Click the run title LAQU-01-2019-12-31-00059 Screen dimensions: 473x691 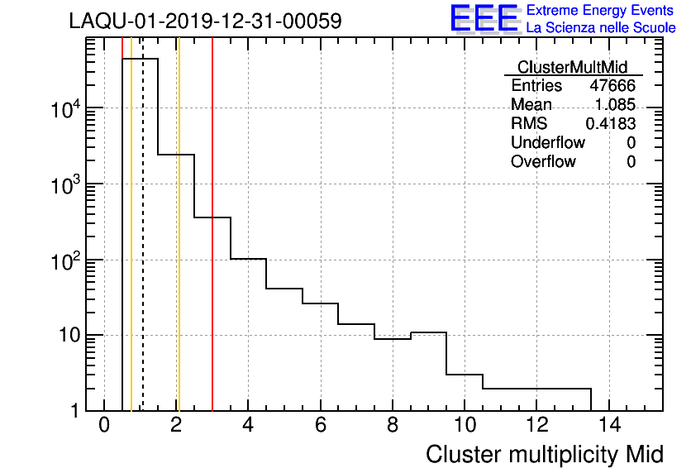pyautogui.click(x=205, y=21)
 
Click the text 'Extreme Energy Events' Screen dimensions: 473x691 pyautogui.click(x=600, y=11)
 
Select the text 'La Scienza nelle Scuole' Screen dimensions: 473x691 pyautogui.click(x=601, y=28)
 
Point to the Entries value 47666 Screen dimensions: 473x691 pyautogui.click(x=612, y=86)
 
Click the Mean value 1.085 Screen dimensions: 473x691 pyautogui.click(x=615, y=105)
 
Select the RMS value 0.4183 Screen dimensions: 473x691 pyautogui.click(x=611, y=124)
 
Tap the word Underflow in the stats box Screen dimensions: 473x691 pyautogui.click(x=548, y=143)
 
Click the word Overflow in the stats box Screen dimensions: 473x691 pyautogui.click(x=543, y=162)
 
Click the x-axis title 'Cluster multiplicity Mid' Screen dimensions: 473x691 pyautogui.click(x=544, y=454)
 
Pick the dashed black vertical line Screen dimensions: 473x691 pyautogui.click(x=143, y=248)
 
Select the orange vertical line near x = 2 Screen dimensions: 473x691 pyautogui.click(x=178, y=248)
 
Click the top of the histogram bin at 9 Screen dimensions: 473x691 pyautogui.click(x=428, y=332)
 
